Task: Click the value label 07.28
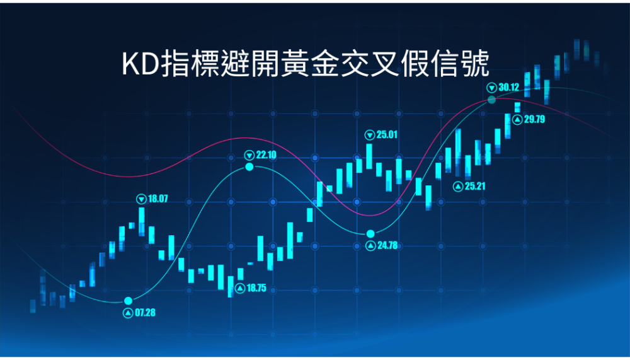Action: coord(145,313)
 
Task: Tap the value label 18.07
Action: coord(158,199)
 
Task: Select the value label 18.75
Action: coord(256,288)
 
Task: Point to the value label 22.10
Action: coord(266,155)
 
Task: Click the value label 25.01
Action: coord(387,134)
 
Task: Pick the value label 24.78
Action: coord(387,245)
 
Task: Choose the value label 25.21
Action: coord(475,186)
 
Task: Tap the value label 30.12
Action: coord(508,87)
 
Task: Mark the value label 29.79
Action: coord(534,119)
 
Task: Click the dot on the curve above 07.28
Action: coord(128,301)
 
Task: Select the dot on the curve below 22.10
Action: coord(249,166)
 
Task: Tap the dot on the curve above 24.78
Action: coord(370,234)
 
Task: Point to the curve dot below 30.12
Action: coord(492,100)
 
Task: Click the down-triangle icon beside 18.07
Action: coord(141,199)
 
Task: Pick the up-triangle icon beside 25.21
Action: coord(458,187)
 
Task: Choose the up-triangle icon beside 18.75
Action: coord(240,288)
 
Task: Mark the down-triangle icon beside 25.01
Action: coord(370,135)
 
